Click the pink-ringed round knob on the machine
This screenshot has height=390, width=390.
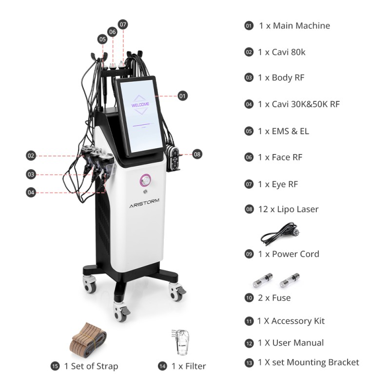[x=145, y=181]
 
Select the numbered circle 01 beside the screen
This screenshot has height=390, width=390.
[x=182, y=96]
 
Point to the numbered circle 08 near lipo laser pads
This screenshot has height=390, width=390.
[x=196, y=154]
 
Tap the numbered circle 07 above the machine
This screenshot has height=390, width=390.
[x=123, y=24]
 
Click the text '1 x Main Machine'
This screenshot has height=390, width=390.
[x=294, y=25]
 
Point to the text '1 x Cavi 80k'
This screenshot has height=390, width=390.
[x=282, y=52]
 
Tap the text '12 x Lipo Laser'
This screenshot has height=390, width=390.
[x=288, y=209]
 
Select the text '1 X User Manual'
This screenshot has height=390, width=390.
[x=291, y=343]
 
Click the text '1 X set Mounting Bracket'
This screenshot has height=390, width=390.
[x=308, y=362]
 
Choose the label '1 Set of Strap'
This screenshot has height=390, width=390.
[x=91, y=366]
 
